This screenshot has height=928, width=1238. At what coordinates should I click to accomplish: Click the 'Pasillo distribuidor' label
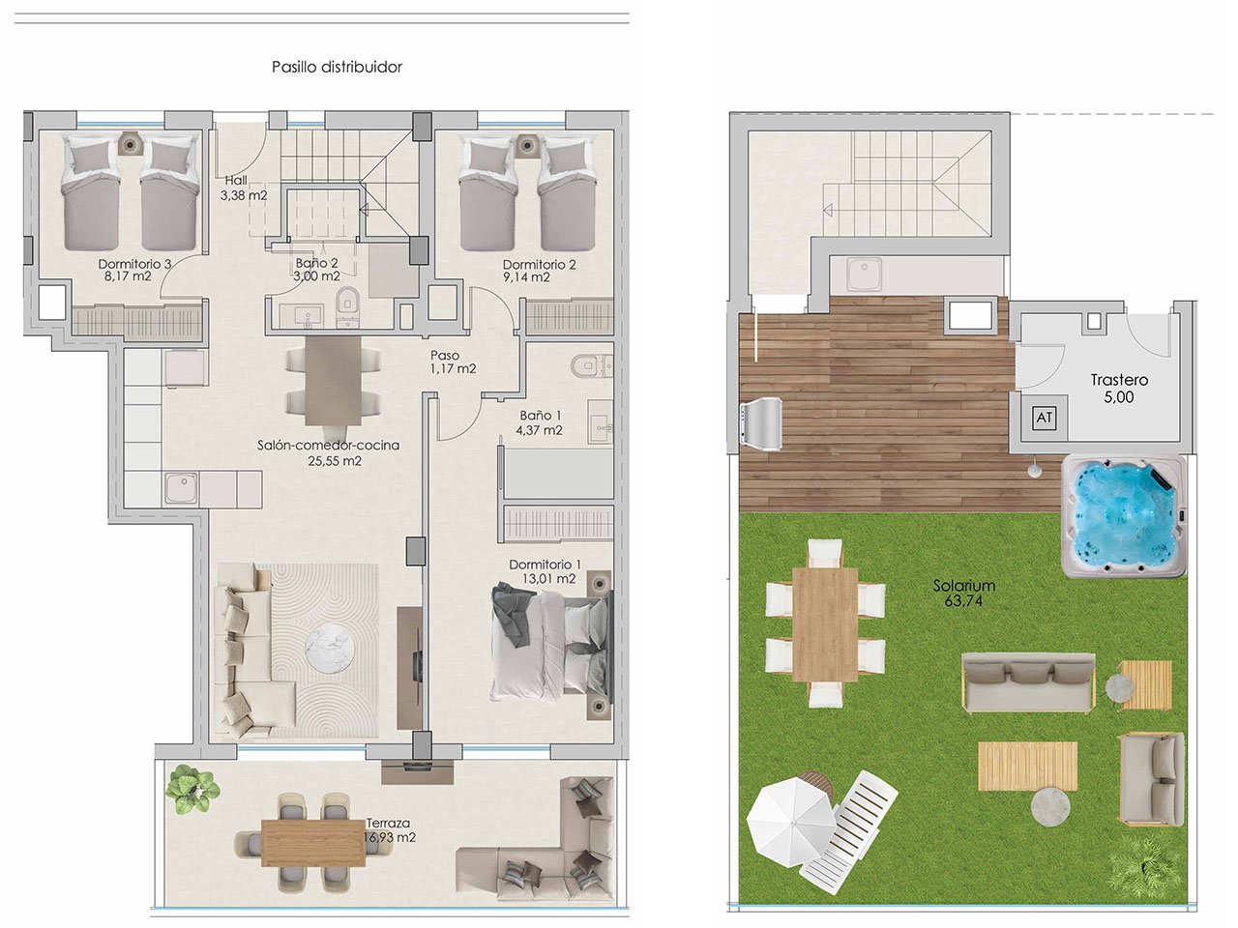[337, 67]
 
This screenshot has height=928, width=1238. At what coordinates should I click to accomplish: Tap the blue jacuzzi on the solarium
[1123, 515]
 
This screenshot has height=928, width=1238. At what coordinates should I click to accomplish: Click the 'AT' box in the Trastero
[1044, 419]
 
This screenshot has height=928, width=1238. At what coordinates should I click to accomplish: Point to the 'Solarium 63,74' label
[963, 593]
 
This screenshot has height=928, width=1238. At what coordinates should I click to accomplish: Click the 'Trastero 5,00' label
[1118, 389]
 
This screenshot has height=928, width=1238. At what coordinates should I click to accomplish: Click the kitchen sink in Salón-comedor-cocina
[181, 488]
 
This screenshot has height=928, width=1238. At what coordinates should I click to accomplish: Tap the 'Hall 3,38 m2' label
[243, 188]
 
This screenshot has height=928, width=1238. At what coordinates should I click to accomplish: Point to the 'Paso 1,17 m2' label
[453, 362]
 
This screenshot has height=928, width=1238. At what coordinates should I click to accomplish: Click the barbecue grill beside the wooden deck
[762, 423]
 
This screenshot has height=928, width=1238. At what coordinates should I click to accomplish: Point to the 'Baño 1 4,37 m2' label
[541, 422]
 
